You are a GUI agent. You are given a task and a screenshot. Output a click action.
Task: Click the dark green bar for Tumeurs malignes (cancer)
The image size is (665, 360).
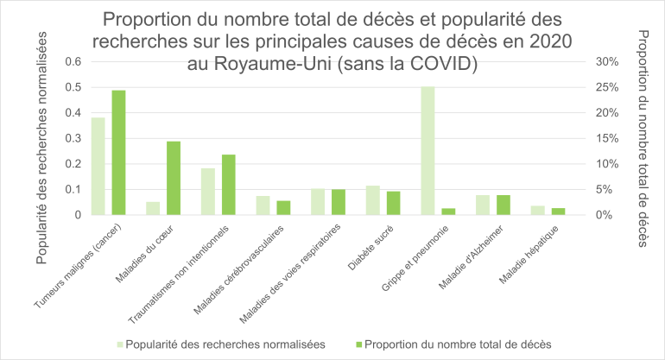click(x=119, y=152)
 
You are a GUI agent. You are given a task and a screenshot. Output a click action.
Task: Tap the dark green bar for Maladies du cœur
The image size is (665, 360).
click(x=174, y=178)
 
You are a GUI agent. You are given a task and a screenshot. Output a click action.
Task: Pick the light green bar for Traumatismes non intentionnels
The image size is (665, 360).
click(x=208, y=191)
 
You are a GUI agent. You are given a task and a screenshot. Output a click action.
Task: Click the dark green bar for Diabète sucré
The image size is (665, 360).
click(x=393, y=203)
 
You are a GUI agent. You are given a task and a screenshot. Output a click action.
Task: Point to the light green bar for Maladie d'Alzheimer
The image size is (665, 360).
click(x=483, y=205)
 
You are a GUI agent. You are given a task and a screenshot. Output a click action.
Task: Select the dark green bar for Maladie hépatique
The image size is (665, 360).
click(x=558, y=211)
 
